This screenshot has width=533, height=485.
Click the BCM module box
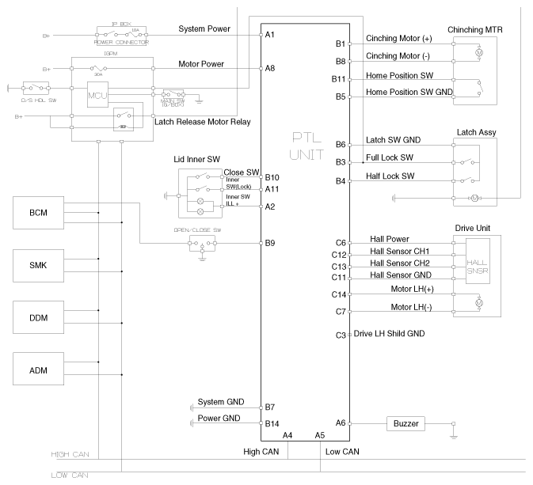click(38, 214)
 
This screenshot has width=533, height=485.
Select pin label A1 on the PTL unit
click(270, 35)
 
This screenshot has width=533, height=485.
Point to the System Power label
click(204, 29)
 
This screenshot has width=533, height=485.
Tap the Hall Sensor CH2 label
click(400, 262)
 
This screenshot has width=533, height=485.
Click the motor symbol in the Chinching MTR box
click(477, 52)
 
